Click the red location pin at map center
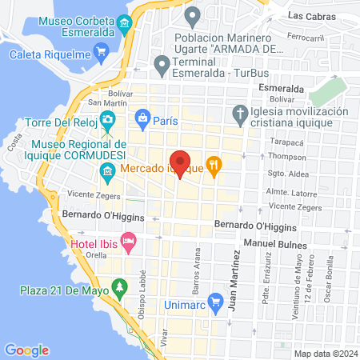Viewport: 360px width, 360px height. tap(180, 160)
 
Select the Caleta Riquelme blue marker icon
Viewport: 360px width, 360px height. tap(101, 54)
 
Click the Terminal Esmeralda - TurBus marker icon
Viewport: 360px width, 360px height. tap(162, 62)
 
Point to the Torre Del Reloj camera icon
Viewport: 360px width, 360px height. tap(108, 121)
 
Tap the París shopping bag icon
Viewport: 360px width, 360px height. tap(142, 119)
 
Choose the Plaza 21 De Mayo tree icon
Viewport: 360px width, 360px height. tap(120, 286)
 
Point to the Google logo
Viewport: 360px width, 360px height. tap(26, 350)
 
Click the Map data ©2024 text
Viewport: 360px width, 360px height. tap(324, 353)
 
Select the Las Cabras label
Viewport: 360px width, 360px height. tap(309, 15)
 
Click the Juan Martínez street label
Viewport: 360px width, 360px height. tap(234, 279)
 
